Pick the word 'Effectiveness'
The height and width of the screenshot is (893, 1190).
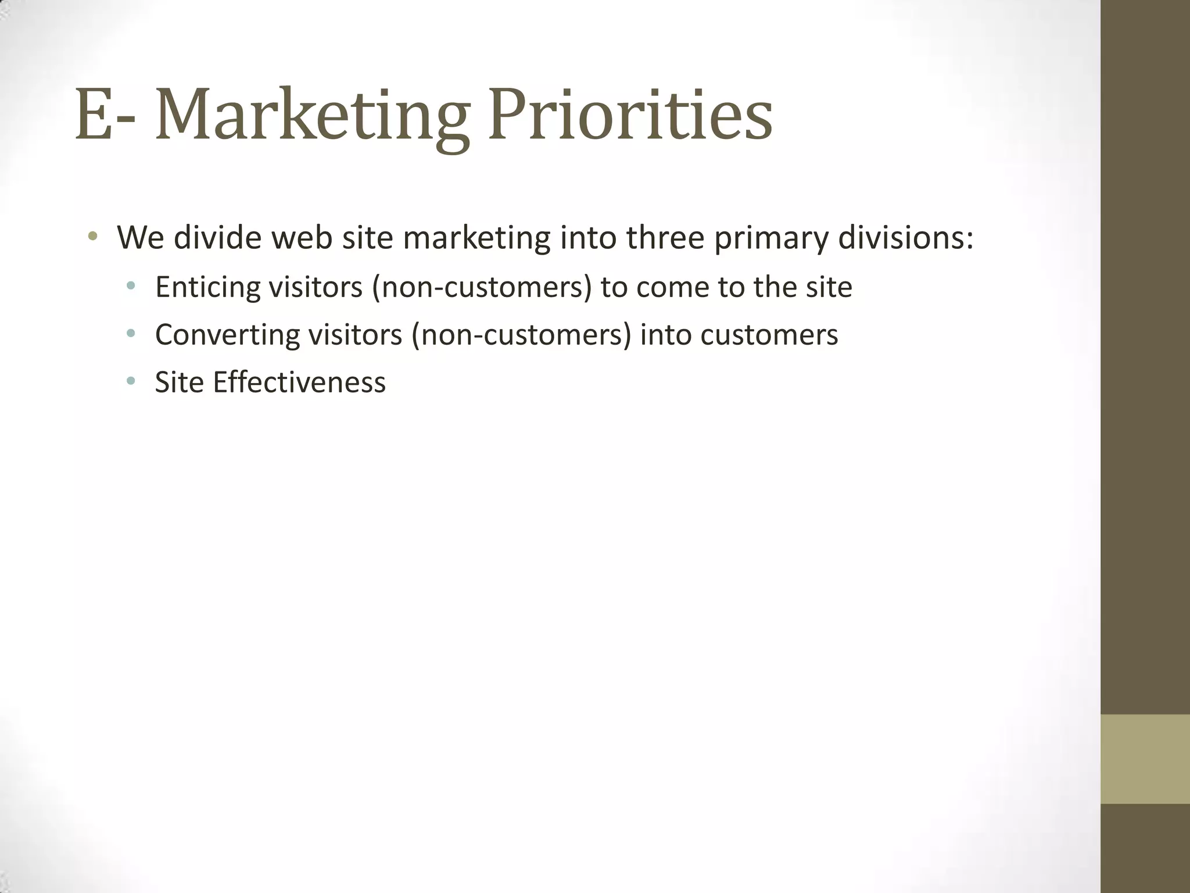click(x=299, y=383)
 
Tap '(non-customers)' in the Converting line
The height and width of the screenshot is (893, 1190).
click(x=521, y=335)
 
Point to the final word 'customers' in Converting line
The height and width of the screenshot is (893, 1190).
click(x=769, y=335)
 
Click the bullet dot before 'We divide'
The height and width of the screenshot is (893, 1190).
click(x=92, y=237)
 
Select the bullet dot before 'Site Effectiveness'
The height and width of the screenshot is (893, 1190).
click(x=131, y=381)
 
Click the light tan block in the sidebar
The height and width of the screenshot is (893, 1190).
click(x=1145, y=759)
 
